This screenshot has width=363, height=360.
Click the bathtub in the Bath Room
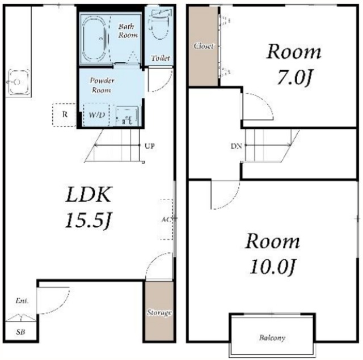[94, 40]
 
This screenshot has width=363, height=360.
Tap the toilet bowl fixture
[160, 28]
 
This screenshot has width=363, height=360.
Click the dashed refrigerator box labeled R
[64, 115]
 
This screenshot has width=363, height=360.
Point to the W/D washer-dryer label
[97, 115]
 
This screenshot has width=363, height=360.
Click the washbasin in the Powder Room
[127, 116]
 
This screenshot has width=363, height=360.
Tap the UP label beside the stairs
[150, 146]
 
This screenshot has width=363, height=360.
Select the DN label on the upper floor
[236, 146]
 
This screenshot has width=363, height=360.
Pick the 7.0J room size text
[294, 79]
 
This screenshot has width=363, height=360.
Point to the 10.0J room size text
[272, 267]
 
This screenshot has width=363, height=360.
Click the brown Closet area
[203, 46]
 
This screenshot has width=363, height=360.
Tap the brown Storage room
[159, 311]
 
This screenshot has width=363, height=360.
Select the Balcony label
[272, 338]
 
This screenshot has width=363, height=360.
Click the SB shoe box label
[20, 332]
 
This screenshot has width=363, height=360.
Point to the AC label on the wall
[166, 219]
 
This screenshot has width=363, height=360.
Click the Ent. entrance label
[22, 301]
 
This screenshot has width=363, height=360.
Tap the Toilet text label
[161, 58]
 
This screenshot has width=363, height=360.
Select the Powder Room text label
[102, 85]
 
